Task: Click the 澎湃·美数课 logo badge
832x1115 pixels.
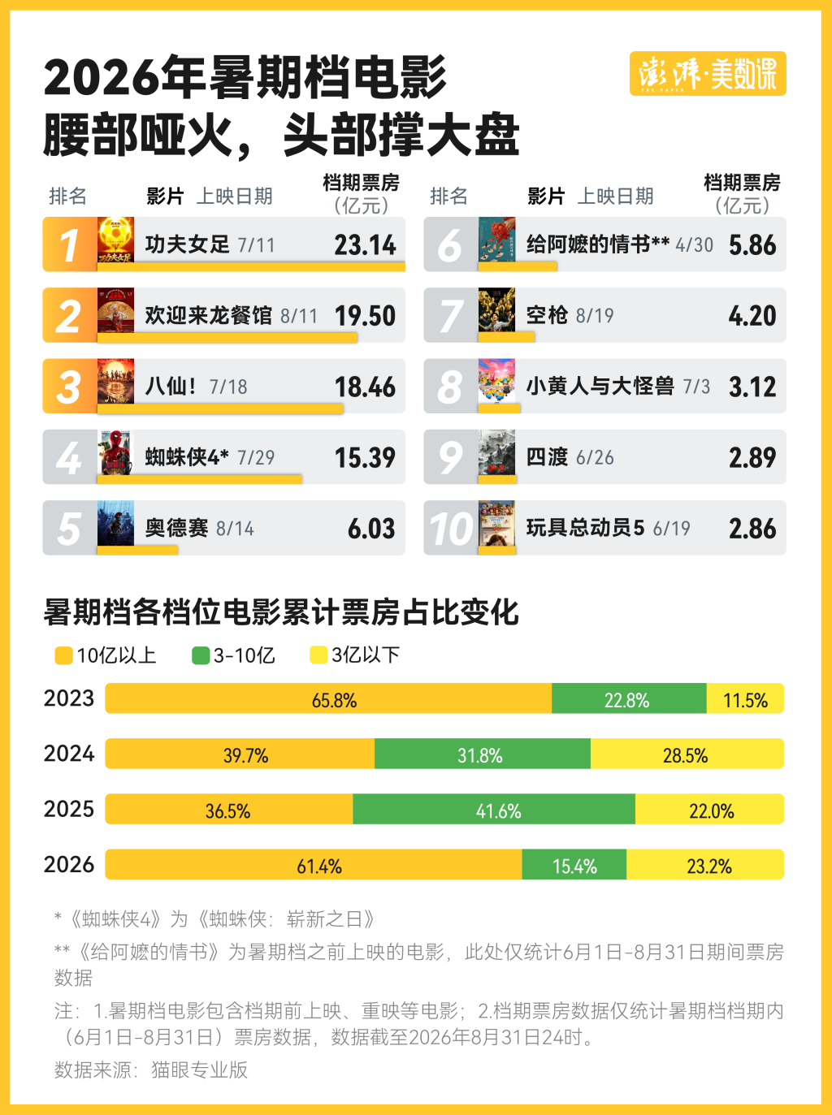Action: [708, 74]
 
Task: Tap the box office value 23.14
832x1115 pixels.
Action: [365, 244]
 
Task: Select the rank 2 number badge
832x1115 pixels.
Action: [70, 315]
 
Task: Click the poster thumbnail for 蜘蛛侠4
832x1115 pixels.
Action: [116, 452]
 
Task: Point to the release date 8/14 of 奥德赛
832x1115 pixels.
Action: [235, 529]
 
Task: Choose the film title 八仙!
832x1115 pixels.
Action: [171, 386]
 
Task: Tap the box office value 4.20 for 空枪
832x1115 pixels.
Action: [752, 315]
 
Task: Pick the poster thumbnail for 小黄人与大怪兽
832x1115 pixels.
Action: [496, 382]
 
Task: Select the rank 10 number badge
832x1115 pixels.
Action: [451, 528]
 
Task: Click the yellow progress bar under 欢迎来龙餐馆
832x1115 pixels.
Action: [227, 338]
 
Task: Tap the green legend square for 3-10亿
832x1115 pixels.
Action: [201, 655]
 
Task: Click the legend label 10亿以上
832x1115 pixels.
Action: [116, 655]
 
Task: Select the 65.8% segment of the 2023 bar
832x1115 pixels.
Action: [328, 698]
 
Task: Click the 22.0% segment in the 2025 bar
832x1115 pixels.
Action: [709, 809]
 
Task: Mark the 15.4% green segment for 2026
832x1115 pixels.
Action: [574, 864]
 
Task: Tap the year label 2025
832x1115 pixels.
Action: [69, 809]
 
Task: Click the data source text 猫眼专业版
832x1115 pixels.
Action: [199, 1070]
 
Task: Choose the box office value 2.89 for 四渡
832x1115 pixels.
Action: [752, 457]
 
